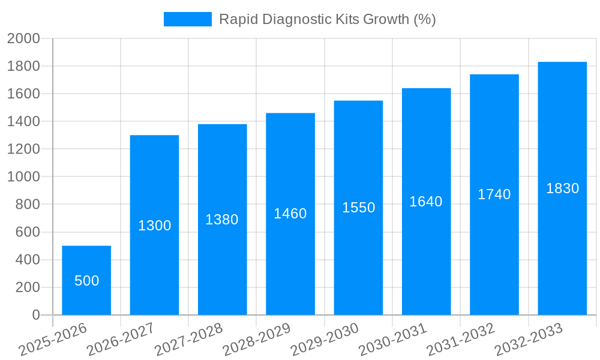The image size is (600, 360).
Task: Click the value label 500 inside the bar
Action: tap(86, 281)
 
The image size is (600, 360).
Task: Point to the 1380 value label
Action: tap(222, 220)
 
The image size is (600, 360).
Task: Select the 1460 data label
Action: tap(290, 214)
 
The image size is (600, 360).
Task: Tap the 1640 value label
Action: tap(426, 202)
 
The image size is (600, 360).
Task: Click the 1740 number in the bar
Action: tap(494, 194)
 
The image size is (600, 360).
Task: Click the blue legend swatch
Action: tap(187, 19)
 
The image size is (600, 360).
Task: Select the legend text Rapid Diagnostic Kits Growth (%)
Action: tap(327, 19)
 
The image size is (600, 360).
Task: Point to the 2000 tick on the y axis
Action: tap(23, 38)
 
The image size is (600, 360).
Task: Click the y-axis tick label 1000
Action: tap(23, 177)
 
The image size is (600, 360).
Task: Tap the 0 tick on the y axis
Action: tap(35, 315)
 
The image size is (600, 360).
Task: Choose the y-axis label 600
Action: tap(27, 232)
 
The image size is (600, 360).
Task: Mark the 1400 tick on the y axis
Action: tap(23, 121)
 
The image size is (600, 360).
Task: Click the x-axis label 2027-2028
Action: tap(189, 340)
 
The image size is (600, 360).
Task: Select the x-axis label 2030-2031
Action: tap(393, 340)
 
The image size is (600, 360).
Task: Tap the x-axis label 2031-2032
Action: tap(461, 340)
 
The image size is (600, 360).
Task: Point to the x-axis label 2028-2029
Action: tap(257, 340)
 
